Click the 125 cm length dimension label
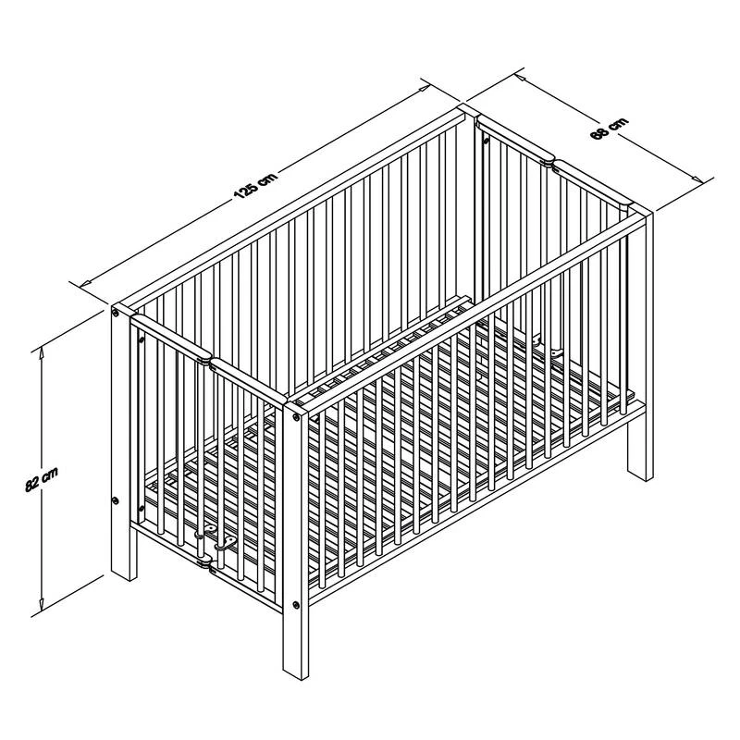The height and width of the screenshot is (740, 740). tap(255, 185)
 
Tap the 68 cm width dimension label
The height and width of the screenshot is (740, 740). tap(610, 129)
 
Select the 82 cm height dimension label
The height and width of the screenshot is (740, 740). tap(42, 479)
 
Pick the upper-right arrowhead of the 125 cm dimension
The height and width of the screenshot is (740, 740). tap(424, 87)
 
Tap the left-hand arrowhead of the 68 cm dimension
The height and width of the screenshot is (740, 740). tap(521, 76)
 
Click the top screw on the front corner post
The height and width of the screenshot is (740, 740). tap(296, 417)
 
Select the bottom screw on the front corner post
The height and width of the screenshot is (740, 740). tap(296, 605)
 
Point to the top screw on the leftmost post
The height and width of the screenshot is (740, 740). tap(116, 313)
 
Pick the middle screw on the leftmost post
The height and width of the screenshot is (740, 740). tap(116, 500)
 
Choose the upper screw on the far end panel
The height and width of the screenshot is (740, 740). tap(486, 140)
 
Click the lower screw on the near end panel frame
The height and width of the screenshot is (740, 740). tap(141, 508)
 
